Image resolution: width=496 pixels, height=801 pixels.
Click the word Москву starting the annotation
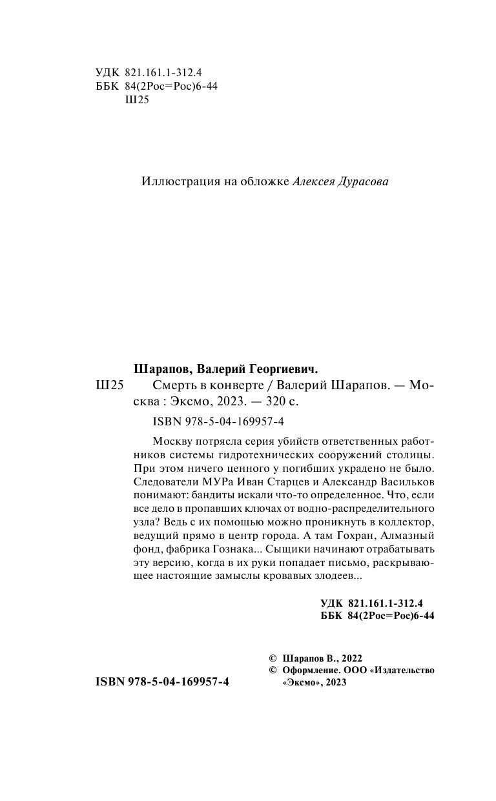tap(174, 441)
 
